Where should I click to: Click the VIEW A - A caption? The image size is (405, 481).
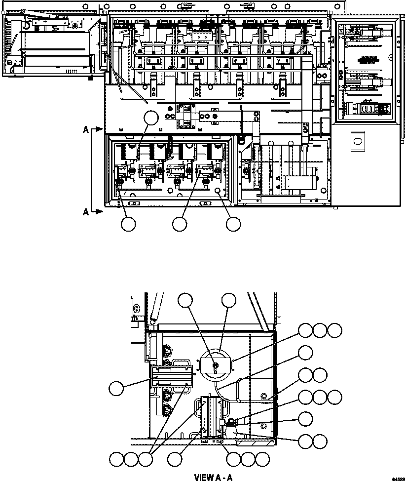[x=213, y=478]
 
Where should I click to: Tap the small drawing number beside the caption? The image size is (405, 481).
[x=398, y=479]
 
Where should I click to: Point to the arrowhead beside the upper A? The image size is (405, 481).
[x=101, y=130]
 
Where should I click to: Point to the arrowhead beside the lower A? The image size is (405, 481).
[x=101, y=211]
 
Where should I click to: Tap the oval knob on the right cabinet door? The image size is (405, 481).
[x=357, y=141]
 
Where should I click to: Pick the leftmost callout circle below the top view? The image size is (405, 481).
[x=128, y=224]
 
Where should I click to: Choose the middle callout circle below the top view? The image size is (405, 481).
[x=180, y=224]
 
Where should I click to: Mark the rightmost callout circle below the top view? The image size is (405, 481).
[x=233, y=224]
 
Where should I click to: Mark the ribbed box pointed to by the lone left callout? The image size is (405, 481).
[x=171, y=377]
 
